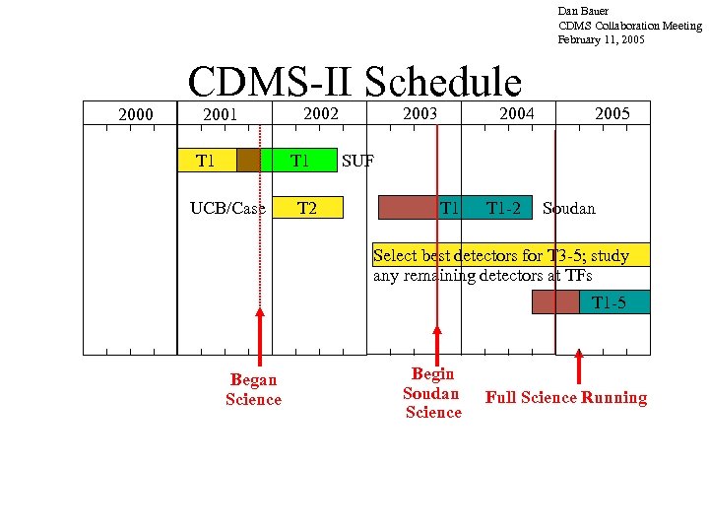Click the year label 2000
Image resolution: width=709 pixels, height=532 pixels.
coord(136,115)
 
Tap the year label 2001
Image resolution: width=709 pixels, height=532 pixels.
coord(220,115)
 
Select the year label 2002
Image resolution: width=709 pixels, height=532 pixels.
coord(321,113)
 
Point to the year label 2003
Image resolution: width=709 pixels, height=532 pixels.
coord(420,113)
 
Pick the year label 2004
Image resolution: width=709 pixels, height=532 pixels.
coord(516,113)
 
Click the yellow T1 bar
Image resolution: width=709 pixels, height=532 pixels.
coord(206,160)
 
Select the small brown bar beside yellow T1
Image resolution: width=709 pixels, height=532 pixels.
coord(248,160)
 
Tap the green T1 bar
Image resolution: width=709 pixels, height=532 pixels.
coord(299,160)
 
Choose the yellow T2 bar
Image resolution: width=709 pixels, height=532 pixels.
coord(307,208)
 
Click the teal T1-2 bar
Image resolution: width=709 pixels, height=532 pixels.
coord(502,208)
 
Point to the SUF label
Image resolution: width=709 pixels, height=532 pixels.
coord(357,161)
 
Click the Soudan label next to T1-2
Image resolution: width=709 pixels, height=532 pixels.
coord(569,209)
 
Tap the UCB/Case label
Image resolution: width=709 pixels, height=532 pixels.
coord(228,209)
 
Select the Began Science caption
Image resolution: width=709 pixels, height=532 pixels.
coord(253,389)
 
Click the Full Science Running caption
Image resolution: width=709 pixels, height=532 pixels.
coord(566,398)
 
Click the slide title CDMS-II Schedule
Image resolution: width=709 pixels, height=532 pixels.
coord(354,83)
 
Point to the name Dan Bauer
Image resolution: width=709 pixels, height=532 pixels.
coord(585,11)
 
